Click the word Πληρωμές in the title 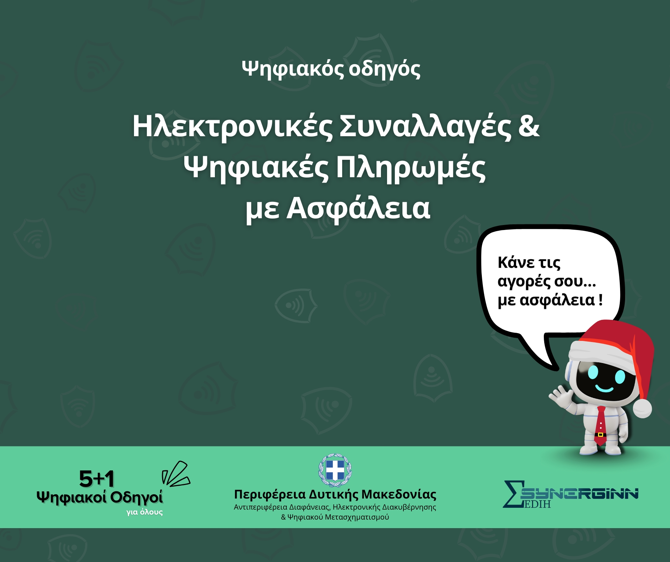(411, 168)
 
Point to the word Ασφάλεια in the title (358, 209)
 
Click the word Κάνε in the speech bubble (516, 263)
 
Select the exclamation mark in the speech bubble (601, 300)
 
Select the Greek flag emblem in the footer (335, 470)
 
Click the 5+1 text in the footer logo (97, 479)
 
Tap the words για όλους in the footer (144, 512)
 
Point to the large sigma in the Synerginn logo (513, 494)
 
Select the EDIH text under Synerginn (537, 504)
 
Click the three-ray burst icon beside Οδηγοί (176, 474)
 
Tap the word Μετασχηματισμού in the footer (356, 517)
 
